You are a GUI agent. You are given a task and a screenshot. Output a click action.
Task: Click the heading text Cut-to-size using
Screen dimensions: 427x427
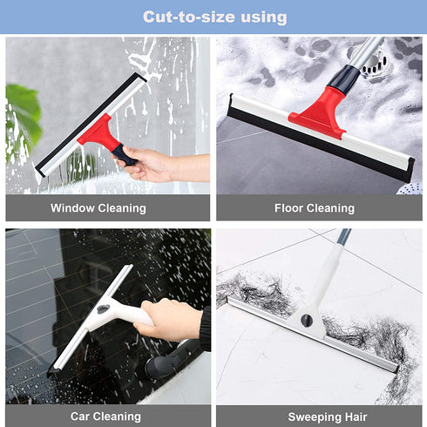(214, 17)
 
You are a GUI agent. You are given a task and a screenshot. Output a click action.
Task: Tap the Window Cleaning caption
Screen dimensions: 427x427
(98, 207)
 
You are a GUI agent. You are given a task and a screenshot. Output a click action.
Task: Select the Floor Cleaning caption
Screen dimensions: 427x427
(315, 207)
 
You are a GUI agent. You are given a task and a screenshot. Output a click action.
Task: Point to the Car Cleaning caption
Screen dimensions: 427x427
(105, 417)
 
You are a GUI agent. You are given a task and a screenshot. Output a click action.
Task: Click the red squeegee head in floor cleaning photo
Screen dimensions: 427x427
(318, 114)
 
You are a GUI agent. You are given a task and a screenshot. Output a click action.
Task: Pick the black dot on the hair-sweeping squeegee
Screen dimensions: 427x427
(307, 321)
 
